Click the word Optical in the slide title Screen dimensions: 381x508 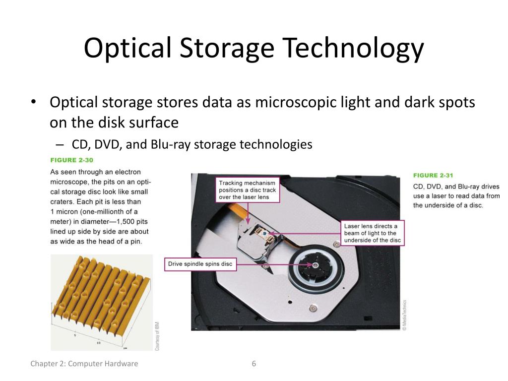(x=128, y=48)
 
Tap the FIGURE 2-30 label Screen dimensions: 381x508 (x=72, y=160)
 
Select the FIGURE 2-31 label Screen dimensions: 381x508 (x=433, y=175)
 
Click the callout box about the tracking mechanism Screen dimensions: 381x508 (x=248, y=190)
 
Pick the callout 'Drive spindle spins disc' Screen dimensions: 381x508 (x=200, y=264)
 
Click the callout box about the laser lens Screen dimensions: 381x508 (x=373, y=233)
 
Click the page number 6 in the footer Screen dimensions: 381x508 (x=254, y=364)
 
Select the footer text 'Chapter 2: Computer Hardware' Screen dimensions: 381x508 (x=84, y=364)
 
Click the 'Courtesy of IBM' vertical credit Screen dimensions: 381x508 (x=157, y=336)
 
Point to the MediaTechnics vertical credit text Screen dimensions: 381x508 (x=404, y=315)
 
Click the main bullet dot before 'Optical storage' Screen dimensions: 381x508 (x=33, y=103)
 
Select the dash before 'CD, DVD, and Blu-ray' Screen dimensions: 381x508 (x=60, y=144)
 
